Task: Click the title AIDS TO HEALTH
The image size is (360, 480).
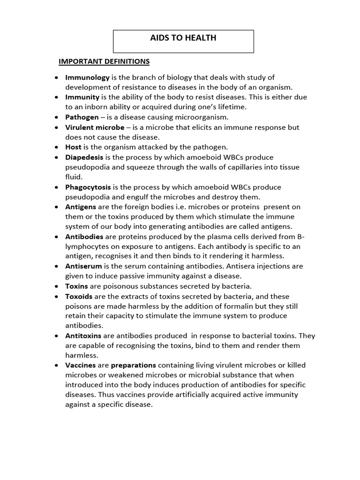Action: click(183, 38)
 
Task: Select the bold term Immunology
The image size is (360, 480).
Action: click(88, 77)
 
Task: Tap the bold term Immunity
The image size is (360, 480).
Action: click(82, 97)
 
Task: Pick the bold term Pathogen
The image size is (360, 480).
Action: click(82, 117)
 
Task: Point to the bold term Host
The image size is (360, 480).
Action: click(74, 147)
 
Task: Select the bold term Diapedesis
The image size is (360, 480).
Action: click(84, 157)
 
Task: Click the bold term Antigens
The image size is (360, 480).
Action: click(81, 207)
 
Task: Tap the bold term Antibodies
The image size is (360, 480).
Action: click(84, 237)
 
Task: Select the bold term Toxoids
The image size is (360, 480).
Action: click(79, 296)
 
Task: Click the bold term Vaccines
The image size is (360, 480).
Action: click(81, 365)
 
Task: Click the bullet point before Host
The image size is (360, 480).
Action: click(57, 147)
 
